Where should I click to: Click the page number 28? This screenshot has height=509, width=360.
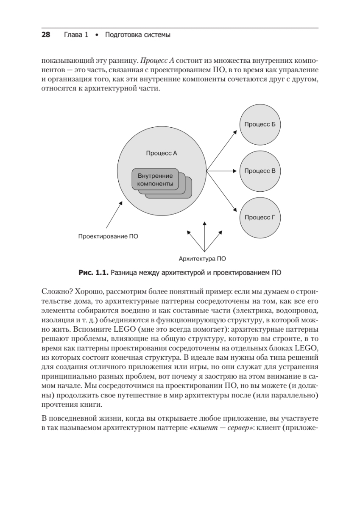click(46, 35)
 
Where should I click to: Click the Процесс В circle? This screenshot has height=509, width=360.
click(260, 171)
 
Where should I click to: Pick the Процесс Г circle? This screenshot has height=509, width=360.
click(260, 218)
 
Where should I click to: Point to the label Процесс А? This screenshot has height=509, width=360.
click(161, 153)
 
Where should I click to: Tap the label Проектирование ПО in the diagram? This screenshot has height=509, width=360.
click(108, 236)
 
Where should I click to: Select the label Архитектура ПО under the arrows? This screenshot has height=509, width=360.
click(202, 257)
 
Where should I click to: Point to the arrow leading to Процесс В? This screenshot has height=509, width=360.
click(221, 171)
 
